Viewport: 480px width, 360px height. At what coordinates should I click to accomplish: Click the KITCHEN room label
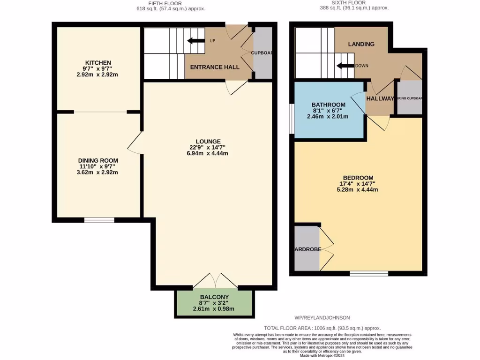(98, 63)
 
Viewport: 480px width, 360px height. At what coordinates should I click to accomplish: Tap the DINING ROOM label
(98, 160)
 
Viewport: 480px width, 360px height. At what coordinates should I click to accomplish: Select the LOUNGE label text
(209, 142)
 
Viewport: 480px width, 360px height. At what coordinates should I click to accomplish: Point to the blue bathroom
(329, 111)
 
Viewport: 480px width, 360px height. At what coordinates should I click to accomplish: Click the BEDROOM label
(358, 178)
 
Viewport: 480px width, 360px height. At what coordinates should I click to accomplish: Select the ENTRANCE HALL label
(215, 67)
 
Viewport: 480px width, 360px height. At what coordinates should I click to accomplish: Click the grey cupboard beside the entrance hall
(262, 53)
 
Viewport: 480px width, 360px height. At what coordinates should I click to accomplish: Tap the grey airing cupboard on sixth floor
(409, 98)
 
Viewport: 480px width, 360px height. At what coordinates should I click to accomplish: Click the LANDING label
(361, 44)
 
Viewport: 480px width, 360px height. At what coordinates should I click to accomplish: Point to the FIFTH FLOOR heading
(170, 3)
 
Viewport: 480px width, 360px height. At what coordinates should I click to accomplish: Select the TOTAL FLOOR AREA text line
(322, 328)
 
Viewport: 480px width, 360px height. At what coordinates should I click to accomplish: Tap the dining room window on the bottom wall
(99, 220)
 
